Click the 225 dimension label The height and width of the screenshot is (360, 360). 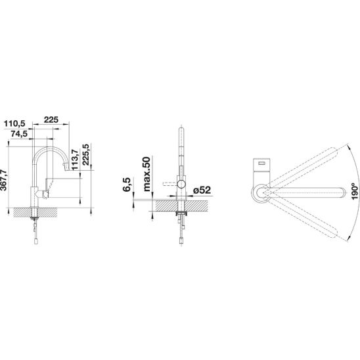coord(51,120)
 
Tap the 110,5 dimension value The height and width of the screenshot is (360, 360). coord(14,124)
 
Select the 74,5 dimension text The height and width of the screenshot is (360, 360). coord(19,133)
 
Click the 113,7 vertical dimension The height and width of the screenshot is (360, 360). coord(75,160)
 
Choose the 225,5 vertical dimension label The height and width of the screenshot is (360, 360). coord(86,154)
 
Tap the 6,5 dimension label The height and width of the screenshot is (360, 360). coord(127,185)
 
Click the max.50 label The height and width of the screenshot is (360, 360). coord(146,174)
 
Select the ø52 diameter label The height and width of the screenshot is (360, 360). coord(202,190)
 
